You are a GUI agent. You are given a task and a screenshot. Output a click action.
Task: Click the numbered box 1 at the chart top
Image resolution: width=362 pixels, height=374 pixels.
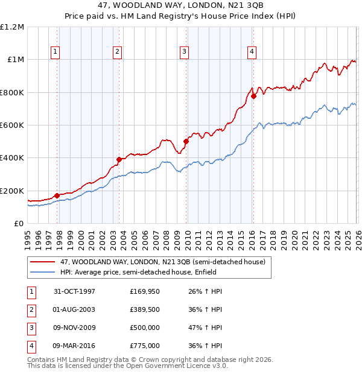tap(55, 52)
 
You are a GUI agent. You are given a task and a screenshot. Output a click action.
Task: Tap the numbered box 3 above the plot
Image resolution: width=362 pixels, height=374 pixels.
tap(183, 52)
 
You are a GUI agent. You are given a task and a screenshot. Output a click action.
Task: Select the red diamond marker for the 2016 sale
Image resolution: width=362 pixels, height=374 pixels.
tap(254, 96)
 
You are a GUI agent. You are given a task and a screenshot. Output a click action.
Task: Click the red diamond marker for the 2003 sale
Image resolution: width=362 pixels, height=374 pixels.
tap(119, 159)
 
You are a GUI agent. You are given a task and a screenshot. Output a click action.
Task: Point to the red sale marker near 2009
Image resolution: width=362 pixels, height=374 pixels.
tap(186, 142)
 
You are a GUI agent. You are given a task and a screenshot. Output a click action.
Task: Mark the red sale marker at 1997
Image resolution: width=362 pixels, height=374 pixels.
tap(57, 195)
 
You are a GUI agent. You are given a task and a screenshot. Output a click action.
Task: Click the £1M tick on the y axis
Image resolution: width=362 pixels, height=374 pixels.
tap(14, 60)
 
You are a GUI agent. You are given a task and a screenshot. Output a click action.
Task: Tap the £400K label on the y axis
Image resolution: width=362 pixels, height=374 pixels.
tap(12, 158)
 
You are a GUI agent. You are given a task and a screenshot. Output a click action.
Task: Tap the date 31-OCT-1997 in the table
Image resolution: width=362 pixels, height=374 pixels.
tap(74, 290)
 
